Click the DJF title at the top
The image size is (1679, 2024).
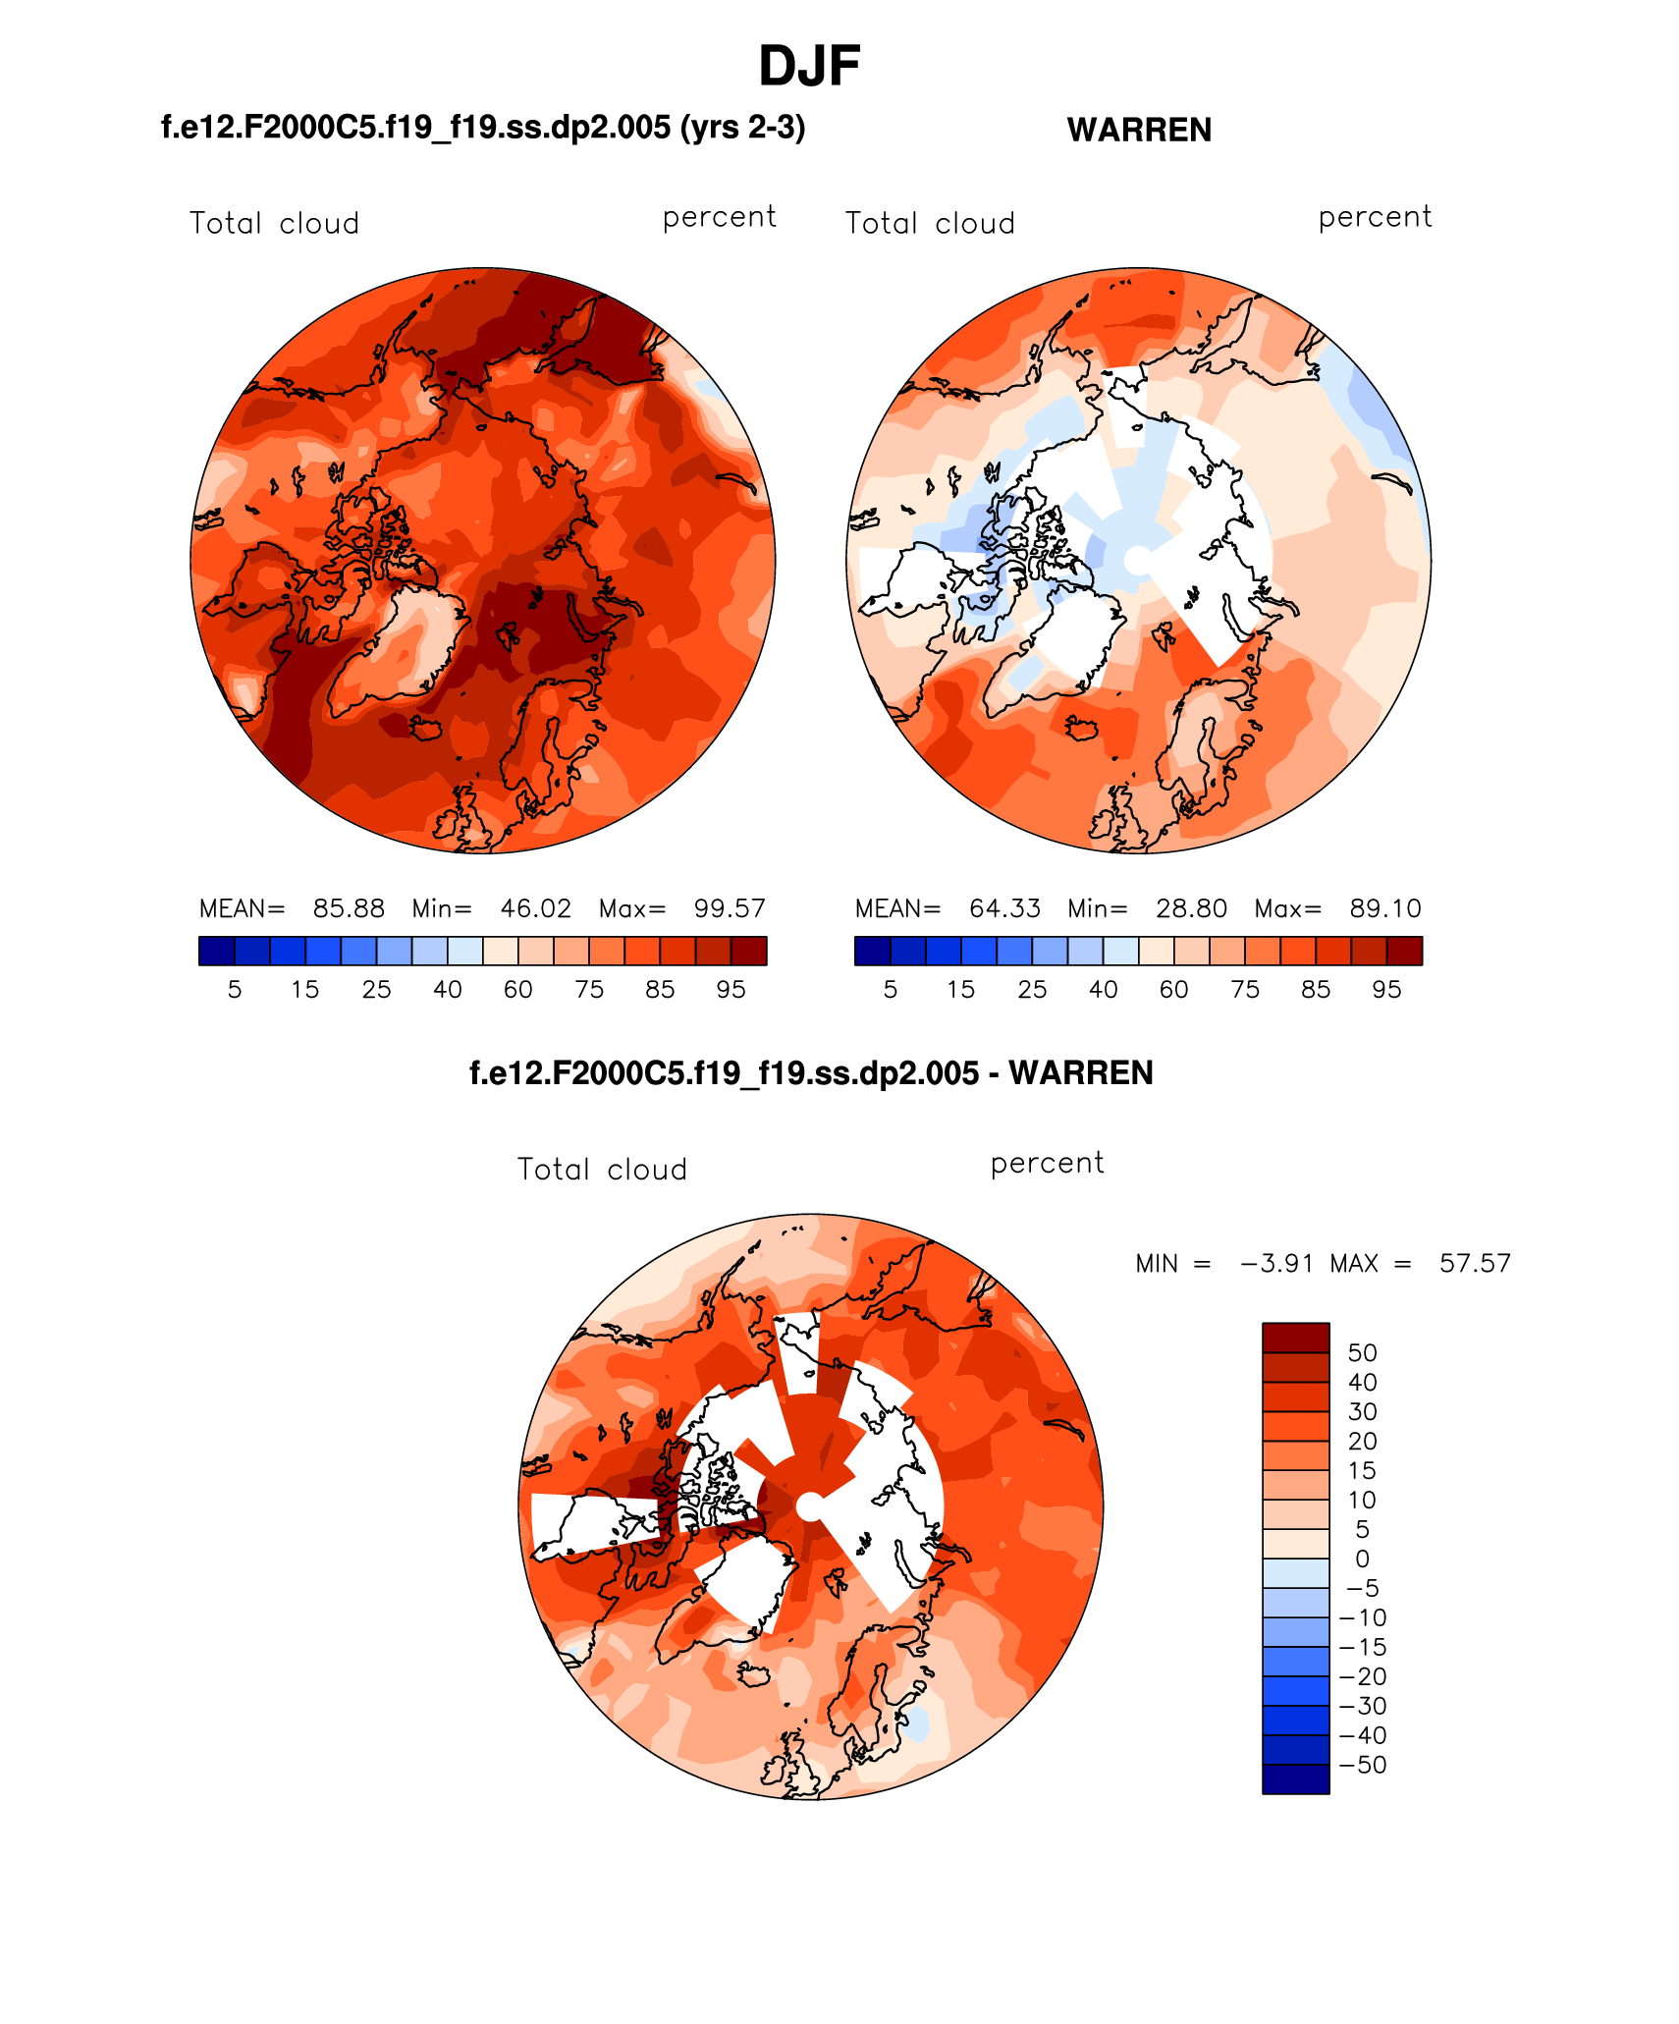point(809,67)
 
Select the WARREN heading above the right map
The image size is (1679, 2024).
point(1139,130)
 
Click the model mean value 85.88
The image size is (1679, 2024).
point(349,908)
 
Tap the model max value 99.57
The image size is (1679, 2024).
point(730,908)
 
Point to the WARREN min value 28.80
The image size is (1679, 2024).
point(1191,908)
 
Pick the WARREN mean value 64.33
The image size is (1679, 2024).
point(1004,908)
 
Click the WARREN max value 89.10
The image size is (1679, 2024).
point(1385,908)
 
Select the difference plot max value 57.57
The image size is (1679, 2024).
point(1475,1263)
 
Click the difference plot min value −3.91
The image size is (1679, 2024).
point(1276,1263)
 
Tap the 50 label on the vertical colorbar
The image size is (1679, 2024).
point(1362,1352)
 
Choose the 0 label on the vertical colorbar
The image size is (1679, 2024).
point(1362,1559)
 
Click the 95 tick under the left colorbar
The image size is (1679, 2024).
point(731,990)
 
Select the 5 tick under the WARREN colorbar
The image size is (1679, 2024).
point(891,990)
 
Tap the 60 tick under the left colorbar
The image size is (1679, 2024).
point(517,990)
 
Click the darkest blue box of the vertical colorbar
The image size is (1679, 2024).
point(1295,1778)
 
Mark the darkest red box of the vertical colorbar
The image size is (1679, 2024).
point(1295,1338)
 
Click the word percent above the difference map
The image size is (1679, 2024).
point(1047,1164)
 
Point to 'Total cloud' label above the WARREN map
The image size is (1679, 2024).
point(930,224)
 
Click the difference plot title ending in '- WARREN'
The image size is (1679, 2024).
point(811,1072)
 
